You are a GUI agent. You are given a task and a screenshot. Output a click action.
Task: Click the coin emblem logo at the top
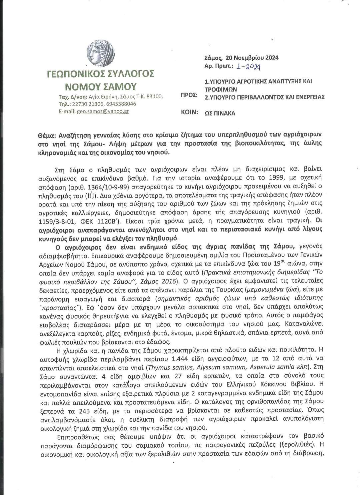[x=100, y=54]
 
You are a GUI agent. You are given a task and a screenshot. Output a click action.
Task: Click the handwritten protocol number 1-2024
[x=248, y=66]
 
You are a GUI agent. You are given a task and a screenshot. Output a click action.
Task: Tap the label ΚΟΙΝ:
[x=189, y=112]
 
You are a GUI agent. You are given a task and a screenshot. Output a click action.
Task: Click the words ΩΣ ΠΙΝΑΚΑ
[x=220, y=113]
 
